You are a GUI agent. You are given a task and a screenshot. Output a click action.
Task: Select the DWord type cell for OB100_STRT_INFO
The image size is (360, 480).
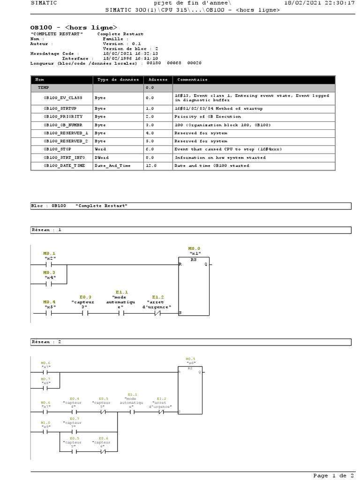pyautogui.click(x=101, y=157)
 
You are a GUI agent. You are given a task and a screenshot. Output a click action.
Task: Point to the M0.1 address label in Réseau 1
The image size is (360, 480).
pyautogui.click(x=49, y=253)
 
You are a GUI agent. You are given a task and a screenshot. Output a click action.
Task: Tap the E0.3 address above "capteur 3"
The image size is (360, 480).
pyautogui.click(x=85, y=297)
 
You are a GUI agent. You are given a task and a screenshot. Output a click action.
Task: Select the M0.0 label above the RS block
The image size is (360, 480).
pyautogui.click(x=194, y=248)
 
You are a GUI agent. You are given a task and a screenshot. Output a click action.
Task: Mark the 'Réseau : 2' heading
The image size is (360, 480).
pyautogui.click(x=46, y=342)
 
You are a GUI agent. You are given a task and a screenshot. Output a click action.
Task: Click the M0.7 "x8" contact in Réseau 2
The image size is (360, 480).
pyautogui.click(x=45, y=388)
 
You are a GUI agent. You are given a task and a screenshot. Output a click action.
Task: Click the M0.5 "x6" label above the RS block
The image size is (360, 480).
pyautogui.click(x=190, y=361)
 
